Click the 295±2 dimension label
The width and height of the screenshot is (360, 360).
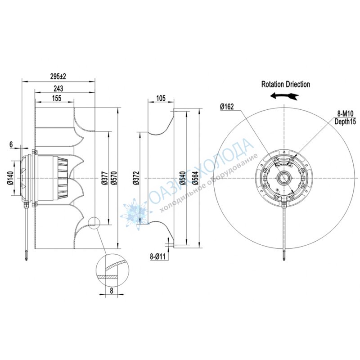[x=58, y=76]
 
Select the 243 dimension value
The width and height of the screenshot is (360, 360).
[x=58, y=88]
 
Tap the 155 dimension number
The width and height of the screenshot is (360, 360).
[x=57, y=98]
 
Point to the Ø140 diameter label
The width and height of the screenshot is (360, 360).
[x=10, y=178]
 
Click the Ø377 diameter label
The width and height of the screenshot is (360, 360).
[x=104, y=178]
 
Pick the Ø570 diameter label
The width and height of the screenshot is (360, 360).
[x=114, y=178]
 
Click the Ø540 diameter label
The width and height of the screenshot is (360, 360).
[x=183, y=178]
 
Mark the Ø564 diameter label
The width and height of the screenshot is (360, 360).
[x=195, y=178]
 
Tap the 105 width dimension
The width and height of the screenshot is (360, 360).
[x=161, y=98]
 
